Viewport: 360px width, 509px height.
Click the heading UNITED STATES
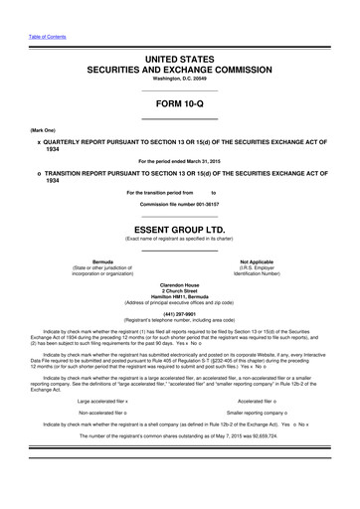[179, 61]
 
